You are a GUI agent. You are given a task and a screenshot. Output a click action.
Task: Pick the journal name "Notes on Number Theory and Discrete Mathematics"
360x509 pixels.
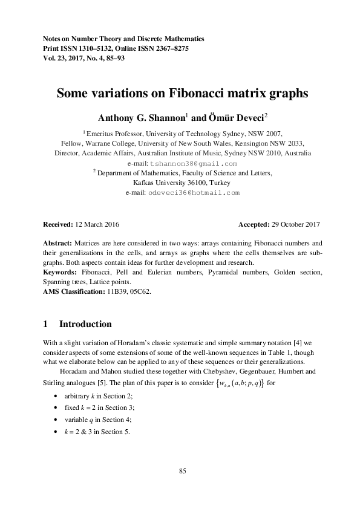(x=123, y=38)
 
